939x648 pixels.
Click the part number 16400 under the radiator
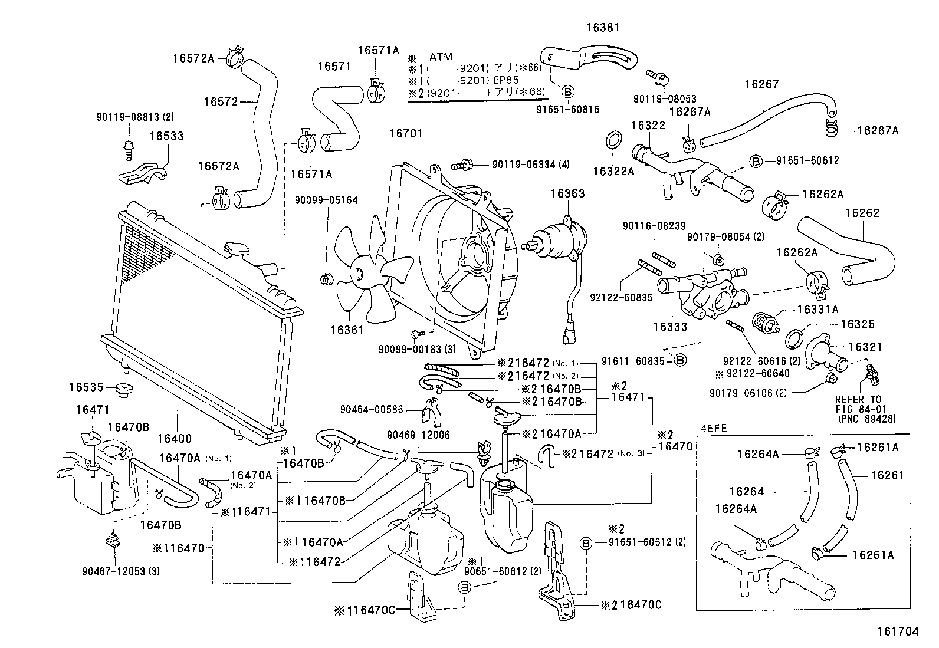point(174,439)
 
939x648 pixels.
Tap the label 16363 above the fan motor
point(567,193)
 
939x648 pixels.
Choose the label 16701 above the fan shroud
point(405,133)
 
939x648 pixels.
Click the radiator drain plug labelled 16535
point(124,389)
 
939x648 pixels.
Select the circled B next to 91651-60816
point(567,92)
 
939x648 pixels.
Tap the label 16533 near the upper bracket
point(166,136)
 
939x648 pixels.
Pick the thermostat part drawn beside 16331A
point(768,322)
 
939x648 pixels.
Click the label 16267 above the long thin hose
point(761,84)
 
